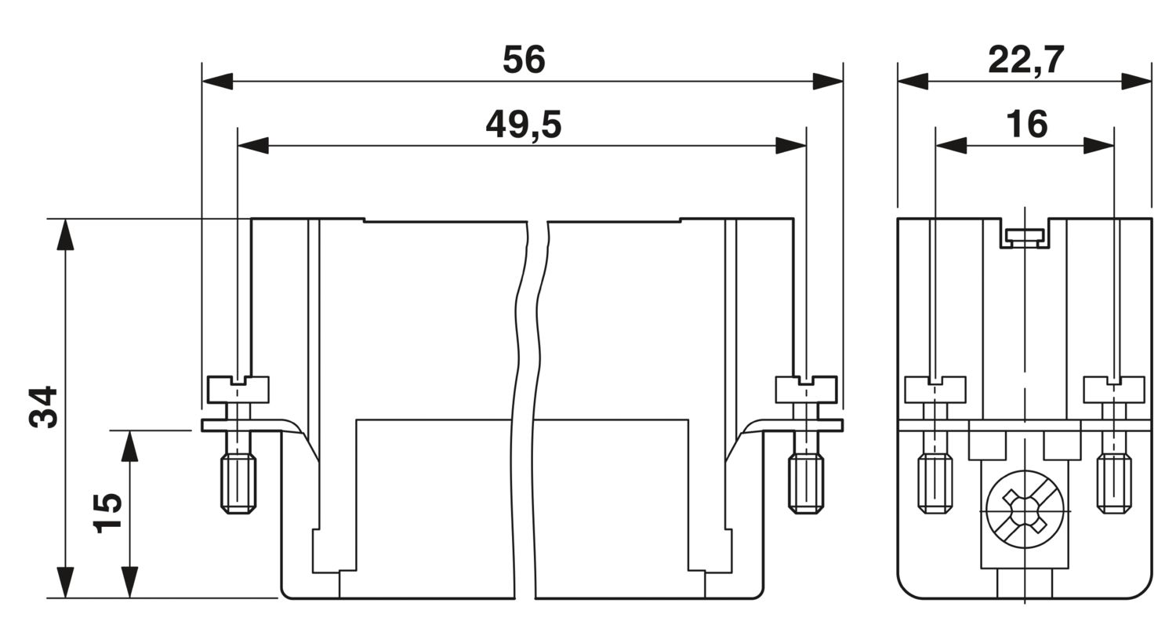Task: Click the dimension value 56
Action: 524,60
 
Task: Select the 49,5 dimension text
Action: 524,125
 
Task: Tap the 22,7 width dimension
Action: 1025,60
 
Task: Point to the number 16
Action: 1026,125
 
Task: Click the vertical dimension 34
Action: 43,407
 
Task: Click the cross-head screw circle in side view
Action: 1025,510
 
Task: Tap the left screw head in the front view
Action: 238,390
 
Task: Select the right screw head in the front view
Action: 807,390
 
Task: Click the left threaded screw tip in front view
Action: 238,484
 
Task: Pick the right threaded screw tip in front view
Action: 806,484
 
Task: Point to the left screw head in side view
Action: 935,390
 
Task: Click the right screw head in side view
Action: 1114,390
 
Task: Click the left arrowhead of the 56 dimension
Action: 217,82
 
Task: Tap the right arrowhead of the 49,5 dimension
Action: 790,145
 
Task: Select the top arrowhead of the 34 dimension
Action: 65,234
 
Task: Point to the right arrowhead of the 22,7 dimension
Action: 1137,82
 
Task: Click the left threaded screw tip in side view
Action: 935,484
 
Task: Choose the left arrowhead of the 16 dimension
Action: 951,145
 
